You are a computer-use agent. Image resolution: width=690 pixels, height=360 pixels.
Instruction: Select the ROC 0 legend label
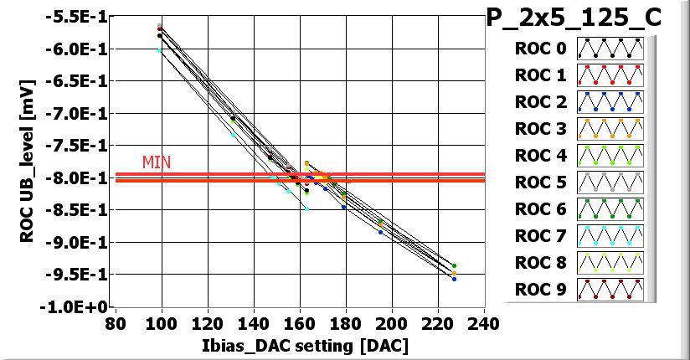click(x=540, y=49)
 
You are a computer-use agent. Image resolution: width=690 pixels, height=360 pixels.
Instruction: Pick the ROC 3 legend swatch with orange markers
click(x=610, y=129)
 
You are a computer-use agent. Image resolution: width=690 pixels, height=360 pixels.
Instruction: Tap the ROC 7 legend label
click(x=540, y=236)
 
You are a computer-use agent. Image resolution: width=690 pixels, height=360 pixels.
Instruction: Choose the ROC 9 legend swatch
click(x=610, y=290)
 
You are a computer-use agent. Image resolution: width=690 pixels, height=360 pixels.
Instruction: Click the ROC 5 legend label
click(x=540, y=183)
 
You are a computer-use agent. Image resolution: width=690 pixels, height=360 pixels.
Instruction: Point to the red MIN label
click(x=157, y=162)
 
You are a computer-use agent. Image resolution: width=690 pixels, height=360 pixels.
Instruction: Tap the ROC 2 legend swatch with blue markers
click(x=610, y=102)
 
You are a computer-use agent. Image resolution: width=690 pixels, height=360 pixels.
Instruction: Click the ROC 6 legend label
click(x=540, y=209)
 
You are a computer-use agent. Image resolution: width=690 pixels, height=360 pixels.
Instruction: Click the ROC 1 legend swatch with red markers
click(x=610, y=75)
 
